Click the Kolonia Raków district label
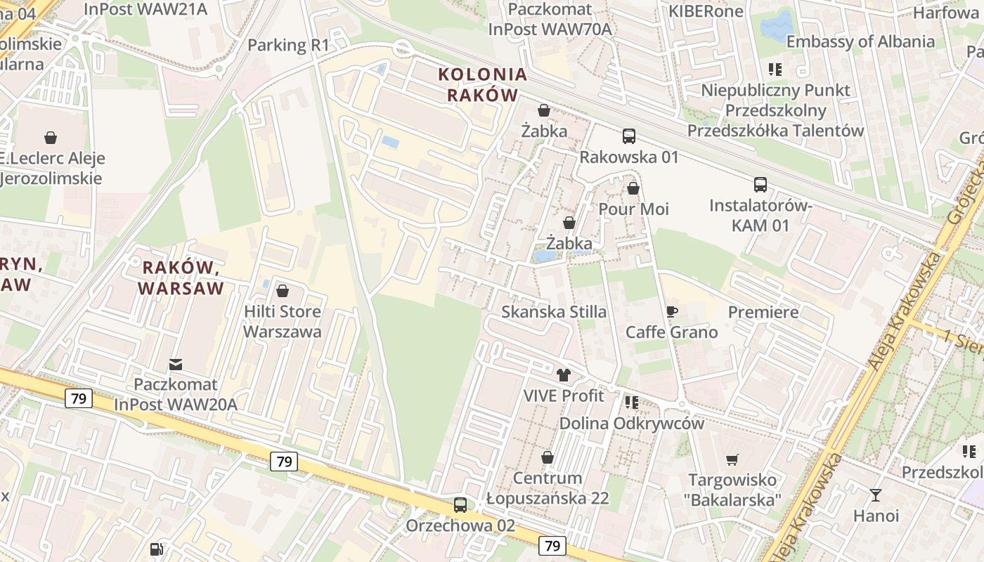483,84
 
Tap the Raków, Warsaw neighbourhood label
181,277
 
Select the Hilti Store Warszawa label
283,321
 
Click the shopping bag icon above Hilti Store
283,290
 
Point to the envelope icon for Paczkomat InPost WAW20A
175,365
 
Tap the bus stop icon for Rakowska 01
629,136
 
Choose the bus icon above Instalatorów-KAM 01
760,185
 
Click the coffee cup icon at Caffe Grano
672,311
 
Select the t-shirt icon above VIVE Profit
563,375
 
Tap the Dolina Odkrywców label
631,424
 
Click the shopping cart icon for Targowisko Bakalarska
732,460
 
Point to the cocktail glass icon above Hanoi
875,495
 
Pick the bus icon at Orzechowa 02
460,504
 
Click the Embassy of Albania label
860,41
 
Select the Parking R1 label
288,46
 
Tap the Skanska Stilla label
554,312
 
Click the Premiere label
763,312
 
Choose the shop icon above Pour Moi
633,188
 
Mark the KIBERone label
705,12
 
